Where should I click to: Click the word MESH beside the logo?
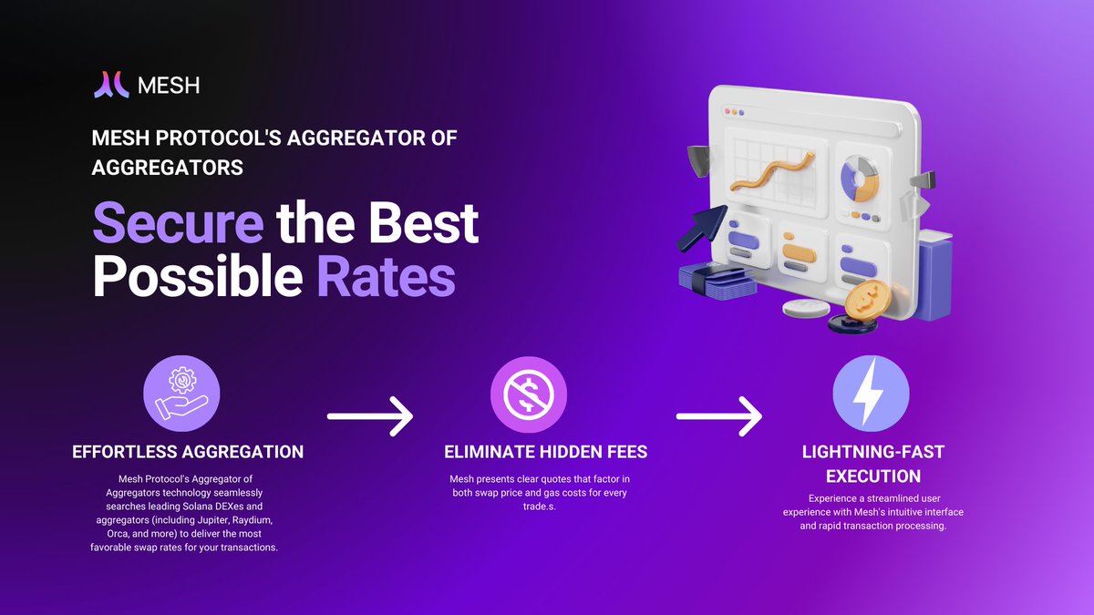point(169,86)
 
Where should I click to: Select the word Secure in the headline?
point(179,223)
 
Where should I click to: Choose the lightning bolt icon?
point(871,394)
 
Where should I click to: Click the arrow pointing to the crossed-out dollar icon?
point(370,416)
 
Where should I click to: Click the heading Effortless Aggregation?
point(188,452)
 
